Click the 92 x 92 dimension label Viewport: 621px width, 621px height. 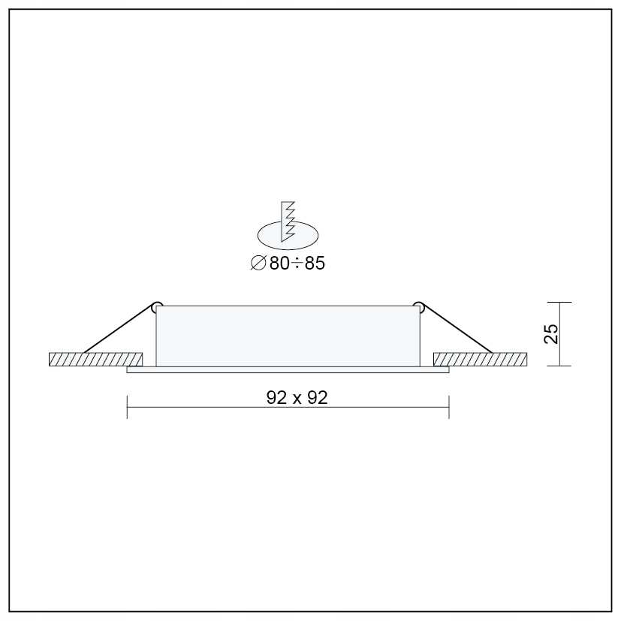tap(297, 399)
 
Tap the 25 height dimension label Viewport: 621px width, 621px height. tap(552, 334)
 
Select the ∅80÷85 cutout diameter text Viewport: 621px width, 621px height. tap(288, 264)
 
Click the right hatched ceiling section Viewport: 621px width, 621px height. tap(481, 359)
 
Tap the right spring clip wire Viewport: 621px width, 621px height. tap(455, 328)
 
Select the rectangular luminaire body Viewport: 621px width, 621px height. tap(288, 336)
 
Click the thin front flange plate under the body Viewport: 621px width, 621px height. tap(288, 370)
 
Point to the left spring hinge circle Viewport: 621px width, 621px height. tap(157, 306)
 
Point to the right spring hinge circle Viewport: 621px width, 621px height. tap(418, 306)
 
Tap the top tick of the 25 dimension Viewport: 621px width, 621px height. tap(559, 302)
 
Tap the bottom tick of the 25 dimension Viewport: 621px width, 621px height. tap(559, 366)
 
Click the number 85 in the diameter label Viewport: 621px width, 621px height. tap(315, 264)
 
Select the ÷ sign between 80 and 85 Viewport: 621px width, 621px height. tap(297, 264)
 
